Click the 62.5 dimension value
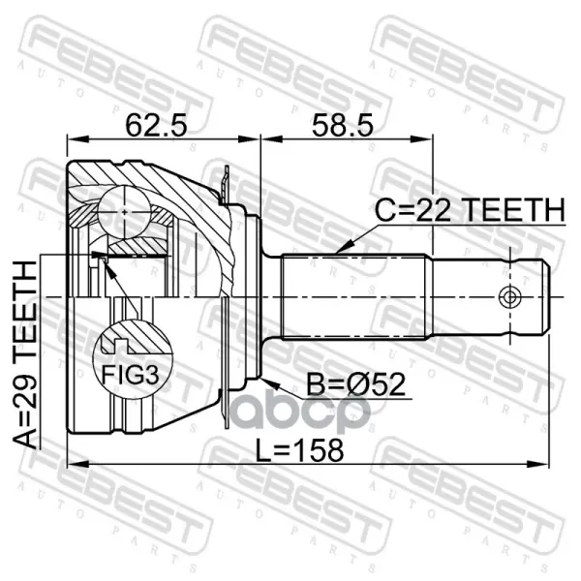click(x=156, y=125)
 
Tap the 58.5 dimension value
click(x=342, y=125)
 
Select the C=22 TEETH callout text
click(x=470, y=210)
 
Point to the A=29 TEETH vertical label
click(x=25, y=354)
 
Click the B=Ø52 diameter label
click(x=355, y=384)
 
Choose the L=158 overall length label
click(x=300, y=450)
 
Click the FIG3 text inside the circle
click(x=131, y=375)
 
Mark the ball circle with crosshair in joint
click(x=125, y=212)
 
